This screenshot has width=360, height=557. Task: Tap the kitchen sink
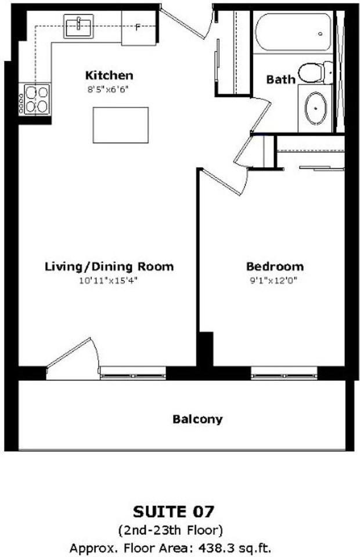tap(78, 26)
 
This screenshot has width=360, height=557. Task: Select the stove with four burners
tap(34, 99)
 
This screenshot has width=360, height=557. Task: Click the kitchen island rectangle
tap(120, 125)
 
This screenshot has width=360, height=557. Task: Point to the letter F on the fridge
tap(138, 27)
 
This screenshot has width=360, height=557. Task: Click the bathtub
tap(293, 32)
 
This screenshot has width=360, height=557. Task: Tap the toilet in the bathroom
tap(315, 72)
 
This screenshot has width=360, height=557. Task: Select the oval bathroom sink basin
tap(315, 108)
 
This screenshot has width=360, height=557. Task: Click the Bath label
tap(281, 79)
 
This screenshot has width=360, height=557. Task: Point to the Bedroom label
tap(275, 266)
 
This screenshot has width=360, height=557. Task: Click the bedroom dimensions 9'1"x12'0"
tap(273, 281)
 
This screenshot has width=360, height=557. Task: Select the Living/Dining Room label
tap(109, 267)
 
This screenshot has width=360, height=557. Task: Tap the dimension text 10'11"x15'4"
tap(108, 281)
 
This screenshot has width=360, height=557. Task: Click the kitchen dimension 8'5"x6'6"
tap(107, 89)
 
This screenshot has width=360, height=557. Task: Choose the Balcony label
tap(197, 419)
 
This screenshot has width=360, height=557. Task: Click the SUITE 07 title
tap(174, 512)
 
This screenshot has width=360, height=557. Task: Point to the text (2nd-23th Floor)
tap(171, 530)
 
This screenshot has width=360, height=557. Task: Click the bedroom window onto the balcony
tap(284, 373)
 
